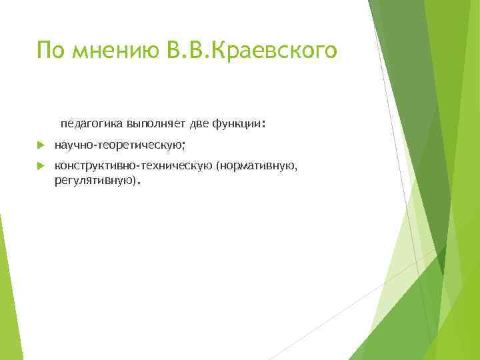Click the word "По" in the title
pyautogui.click(x=50, y=49)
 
